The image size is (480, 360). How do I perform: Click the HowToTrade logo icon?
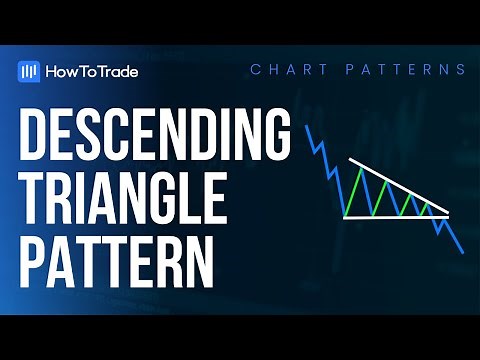[x=28, y=71]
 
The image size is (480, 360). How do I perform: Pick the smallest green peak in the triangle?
[x=428, y=203]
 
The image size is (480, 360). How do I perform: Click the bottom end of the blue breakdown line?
[x=462, y=252]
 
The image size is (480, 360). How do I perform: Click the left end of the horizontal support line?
[x=344, y=216]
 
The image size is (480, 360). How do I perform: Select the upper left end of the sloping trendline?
[x=349, y=157]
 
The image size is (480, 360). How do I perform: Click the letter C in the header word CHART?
[x=255, y=70]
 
